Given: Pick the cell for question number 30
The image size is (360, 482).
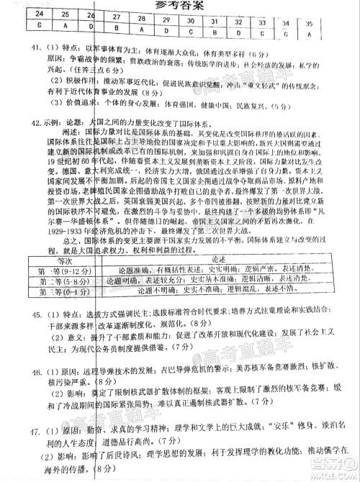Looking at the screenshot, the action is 191,22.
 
